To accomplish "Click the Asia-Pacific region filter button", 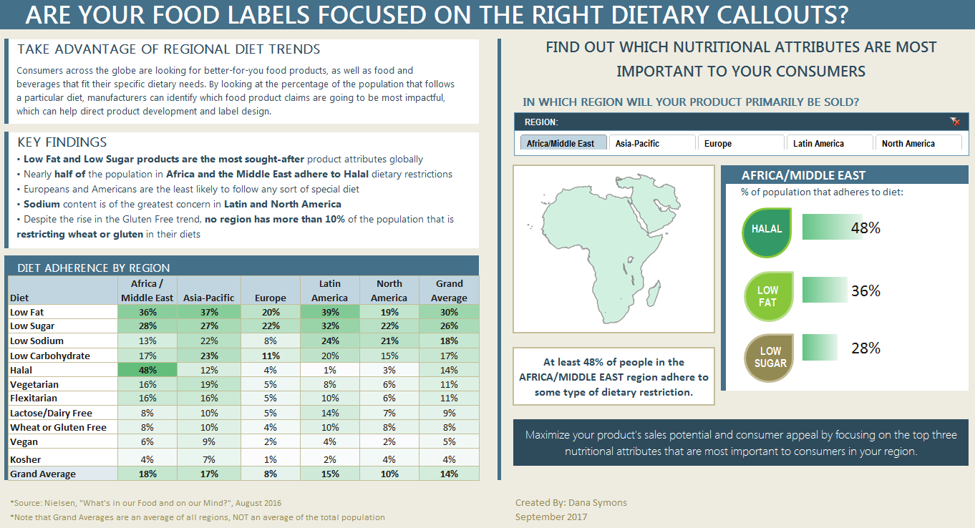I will (x=651, y=143).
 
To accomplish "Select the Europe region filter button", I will (x=740, y=143).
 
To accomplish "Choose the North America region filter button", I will (x=918, y=143).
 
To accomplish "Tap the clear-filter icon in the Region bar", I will (x=955, y=122).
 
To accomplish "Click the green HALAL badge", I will (x=767, y=232).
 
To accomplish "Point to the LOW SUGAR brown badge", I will (x=770, y=357).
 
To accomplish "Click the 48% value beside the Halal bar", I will (x=865, y=228).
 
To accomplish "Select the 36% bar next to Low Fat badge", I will (x=825, y=290).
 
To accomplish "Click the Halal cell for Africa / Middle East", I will (x=147, y=370).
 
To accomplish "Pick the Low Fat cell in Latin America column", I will (x=329, y=312).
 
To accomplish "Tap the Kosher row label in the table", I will (x=26, y=459).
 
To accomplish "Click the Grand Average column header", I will (x=449, y=290).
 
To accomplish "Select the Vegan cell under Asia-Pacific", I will (x=208, y=441).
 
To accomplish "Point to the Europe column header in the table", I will (x=270, y=298).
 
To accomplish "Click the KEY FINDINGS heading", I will (x=62, y=142).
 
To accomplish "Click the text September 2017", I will (x=551, y=517).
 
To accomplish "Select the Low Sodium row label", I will (x=37, y=341).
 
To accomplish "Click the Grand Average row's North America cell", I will (x=389, y=474).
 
